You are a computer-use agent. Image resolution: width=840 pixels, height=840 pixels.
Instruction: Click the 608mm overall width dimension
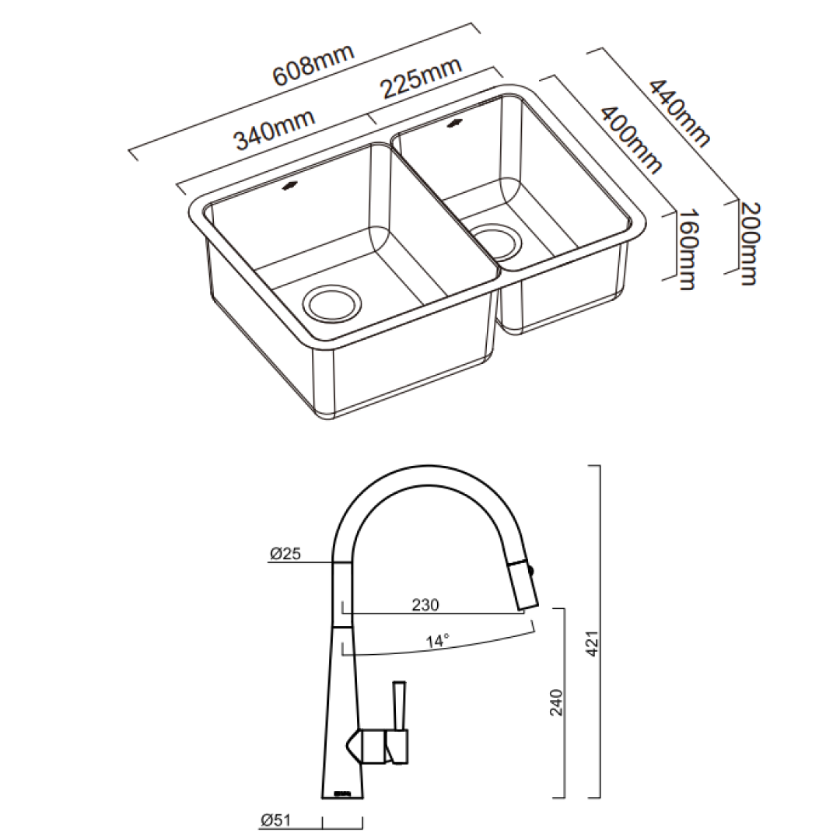313,68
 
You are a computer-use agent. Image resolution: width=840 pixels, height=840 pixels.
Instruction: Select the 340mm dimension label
275,129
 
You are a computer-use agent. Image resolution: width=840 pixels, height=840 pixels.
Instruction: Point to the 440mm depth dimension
680,113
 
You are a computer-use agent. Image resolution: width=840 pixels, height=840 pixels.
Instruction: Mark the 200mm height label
748,243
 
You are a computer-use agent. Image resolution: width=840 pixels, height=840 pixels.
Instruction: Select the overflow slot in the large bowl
289,184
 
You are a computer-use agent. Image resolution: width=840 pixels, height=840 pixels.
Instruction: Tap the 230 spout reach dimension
425,604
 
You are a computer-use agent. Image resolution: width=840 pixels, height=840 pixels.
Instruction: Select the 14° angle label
438,642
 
